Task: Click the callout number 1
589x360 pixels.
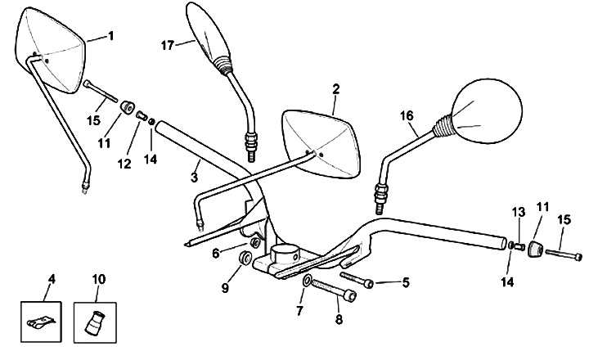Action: point(111,35)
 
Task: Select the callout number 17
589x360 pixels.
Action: point(168,46)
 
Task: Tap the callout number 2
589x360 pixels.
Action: point(335,88)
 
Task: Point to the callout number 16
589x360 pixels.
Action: point(406,117)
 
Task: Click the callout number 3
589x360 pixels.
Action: point(195,176)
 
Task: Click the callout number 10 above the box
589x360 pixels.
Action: point(98,280)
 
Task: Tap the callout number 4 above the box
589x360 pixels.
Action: point(51,280)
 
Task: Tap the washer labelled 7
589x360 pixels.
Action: point(306,282)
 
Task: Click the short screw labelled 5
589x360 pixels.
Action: point(358,281)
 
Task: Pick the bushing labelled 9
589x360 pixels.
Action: point(244,259)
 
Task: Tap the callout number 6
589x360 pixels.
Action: point(216,254)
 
